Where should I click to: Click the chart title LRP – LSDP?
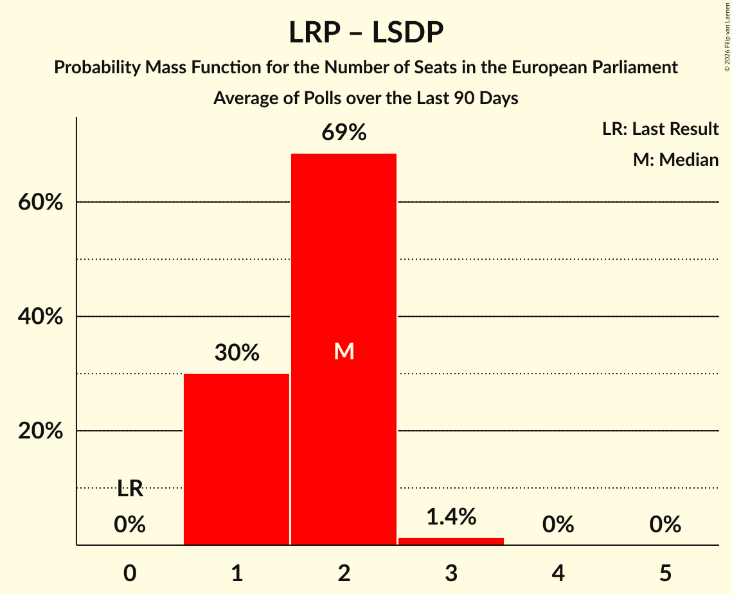[366, 32]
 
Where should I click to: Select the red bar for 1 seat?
[237, 459]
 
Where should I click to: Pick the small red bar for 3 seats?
[451, 541]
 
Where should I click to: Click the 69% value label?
[344, 133]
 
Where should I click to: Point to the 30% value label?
[237, 352]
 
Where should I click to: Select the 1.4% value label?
[451, 516]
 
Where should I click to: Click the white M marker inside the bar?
[344, 351]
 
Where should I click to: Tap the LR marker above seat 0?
[130, 489]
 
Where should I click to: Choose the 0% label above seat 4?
[558, 525]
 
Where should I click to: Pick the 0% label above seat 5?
[665, 525]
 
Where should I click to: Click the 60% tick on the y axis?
[40, 203]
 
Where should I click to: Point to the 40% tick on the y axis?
[40, 317]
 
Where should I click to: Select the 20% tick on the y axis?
[40, 431]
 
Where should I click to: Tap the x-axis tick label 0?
[130, 573]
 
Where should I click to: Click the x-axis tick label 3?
[451, 573]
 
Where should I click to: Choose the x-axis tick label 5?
[665, 573]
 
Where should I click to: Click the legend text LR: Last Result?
[660, 129]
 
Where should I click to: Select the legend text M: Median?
[675, 159]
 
